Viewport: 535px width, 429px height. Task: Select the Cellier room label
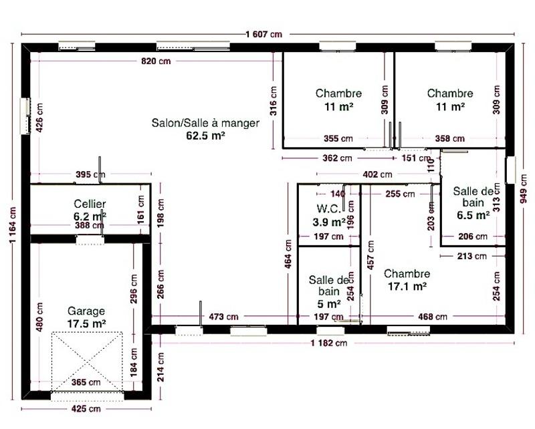[90, 204]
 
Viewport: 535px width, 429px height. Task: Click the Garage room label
[86, 311]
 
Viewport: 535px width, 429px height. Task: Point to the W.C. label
[328, 207]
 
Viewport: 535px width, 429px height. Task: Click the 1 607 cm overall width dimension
[263, 34]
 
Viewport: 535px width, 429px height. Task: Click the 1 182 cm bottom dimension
[328, 343]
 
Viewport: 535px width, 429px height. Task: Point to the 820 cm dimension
[156, 61]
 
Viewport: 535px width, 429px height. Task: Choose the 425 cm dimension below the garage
[86, 408]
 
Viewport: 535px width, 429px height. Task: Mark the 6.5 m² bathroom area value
[473, 215]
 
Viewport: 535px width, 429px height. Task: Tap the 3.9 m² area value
[328, 221]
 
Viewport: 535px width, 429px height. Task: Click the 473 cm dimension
[223, 316]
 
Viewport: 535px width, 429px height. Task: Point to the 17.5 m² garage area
[87, 323]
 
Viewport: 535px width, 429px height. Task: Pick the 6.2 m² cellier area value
[90, 217]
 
